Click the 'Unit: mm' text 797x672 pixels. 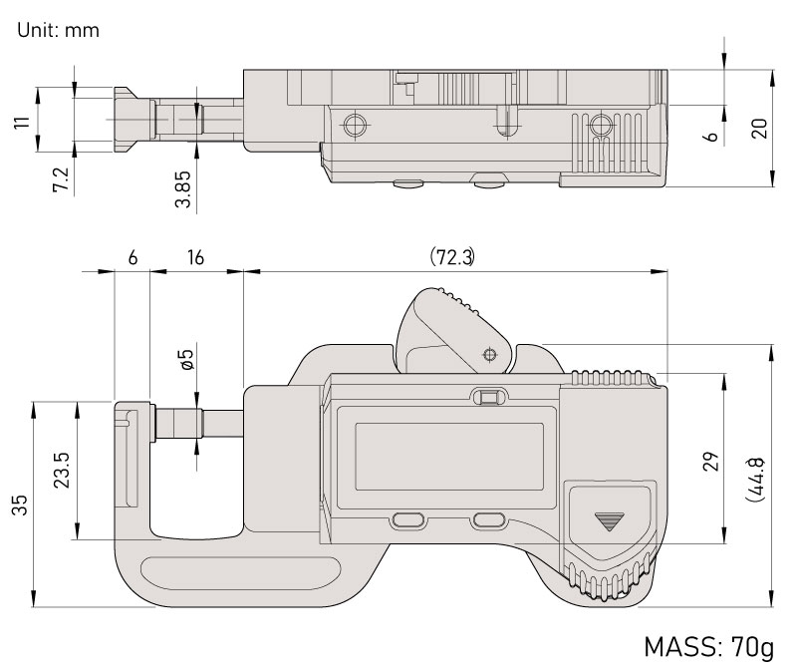coord(58,30)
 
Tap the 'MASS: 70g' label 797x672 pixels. coord(707,647)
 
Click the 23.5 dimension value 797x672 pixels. coord(60,471)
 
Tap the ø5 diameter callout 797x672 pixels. coord(185,360)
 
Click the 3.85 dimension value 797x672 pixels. coord(182,186)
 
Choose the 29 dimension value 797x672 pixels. coord(709,460)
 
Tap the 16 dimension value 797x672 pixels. coord(195,257)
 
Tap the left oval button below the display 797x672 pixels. coord(407,520)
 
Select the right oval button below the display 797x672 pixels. coord(489,520)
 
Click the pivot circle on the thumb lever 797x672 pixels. coord(488,354)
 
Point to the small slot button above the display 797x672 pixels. coord(488,398)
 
